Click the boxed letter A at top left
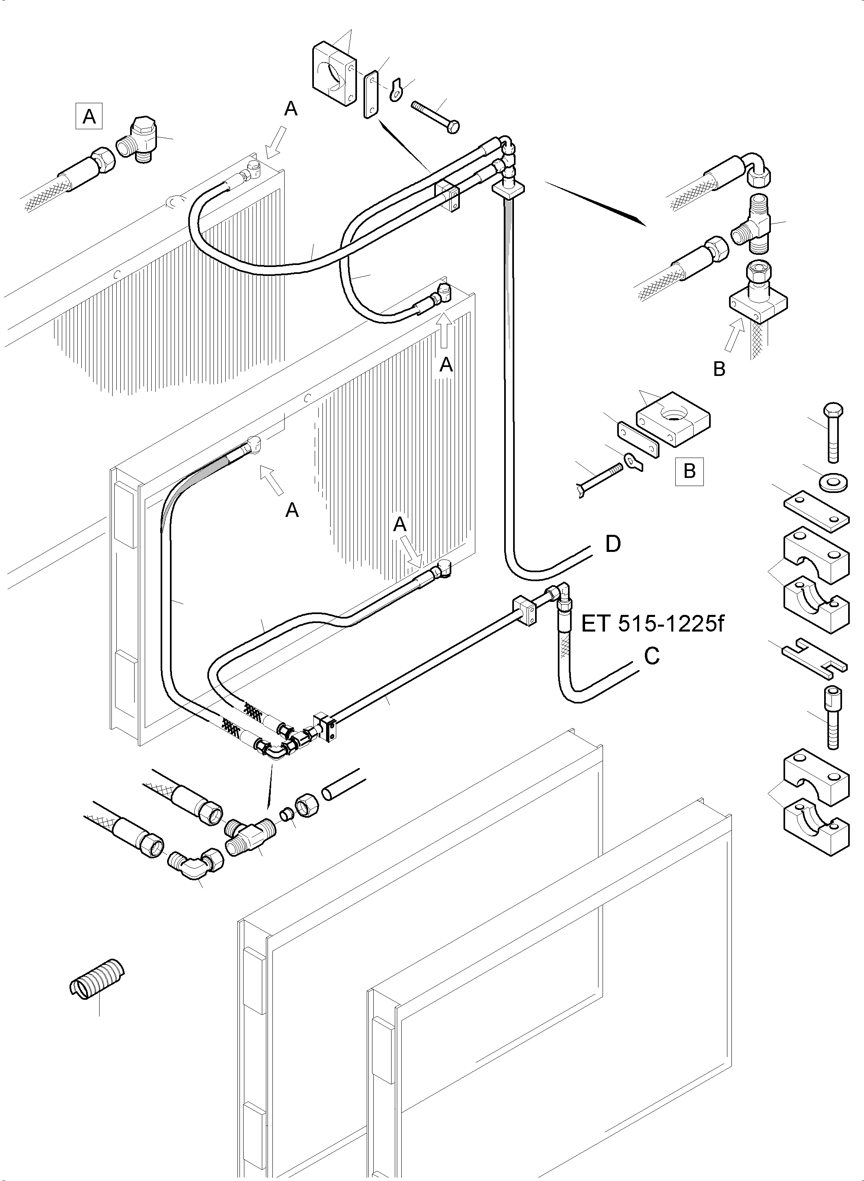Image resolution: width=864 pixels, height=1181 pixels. pyautogui.click(x=89, y=116)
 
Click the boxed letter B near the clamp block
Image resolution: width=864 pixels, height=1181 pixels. pyautogui.click(x=689, y=471)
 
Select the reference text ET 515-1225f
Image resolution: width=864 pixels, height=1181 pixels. pyautogui.click(x=652, y=624)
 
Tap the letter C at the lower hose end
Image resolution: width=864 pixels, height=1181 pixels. pyautogui.click(x=652, y=656)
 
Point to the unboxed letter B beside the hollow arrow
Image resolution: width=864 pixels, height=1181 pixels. pyautogui.click(x=719, y=369)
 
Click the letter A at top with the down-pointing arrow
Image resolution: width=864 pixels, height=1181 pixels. pyautogui.click(x=291, y=109)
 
